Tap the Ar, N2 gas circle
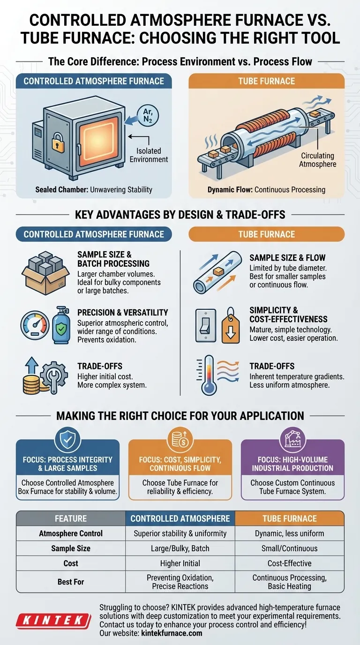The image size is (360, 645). (148, 116)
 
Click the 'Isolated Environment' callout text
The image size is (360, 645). (149, 155)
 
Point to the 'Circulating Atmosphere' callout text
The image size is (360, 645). (317, 160)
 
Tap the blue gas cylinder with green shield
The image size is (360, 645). (61, 325)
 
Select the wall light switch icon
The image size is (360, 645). (206, 325)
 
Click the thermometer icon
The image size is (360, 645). (208, 375)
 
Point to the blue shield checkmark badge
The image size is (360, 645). (67, 440)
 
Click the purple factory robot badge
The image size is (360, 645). (292, 440)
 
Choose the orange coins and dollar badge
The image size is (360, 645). (180, 440)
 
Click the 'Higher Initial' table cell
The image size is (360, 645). (180, 563)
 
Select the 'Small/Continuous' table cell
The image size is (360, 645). (289, 548)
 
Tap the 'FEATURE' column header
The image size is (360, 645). (71, 518)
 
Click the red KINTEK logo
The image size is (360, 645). (53, 620)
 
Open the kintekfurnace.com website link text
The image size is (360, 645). (172, 633)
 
